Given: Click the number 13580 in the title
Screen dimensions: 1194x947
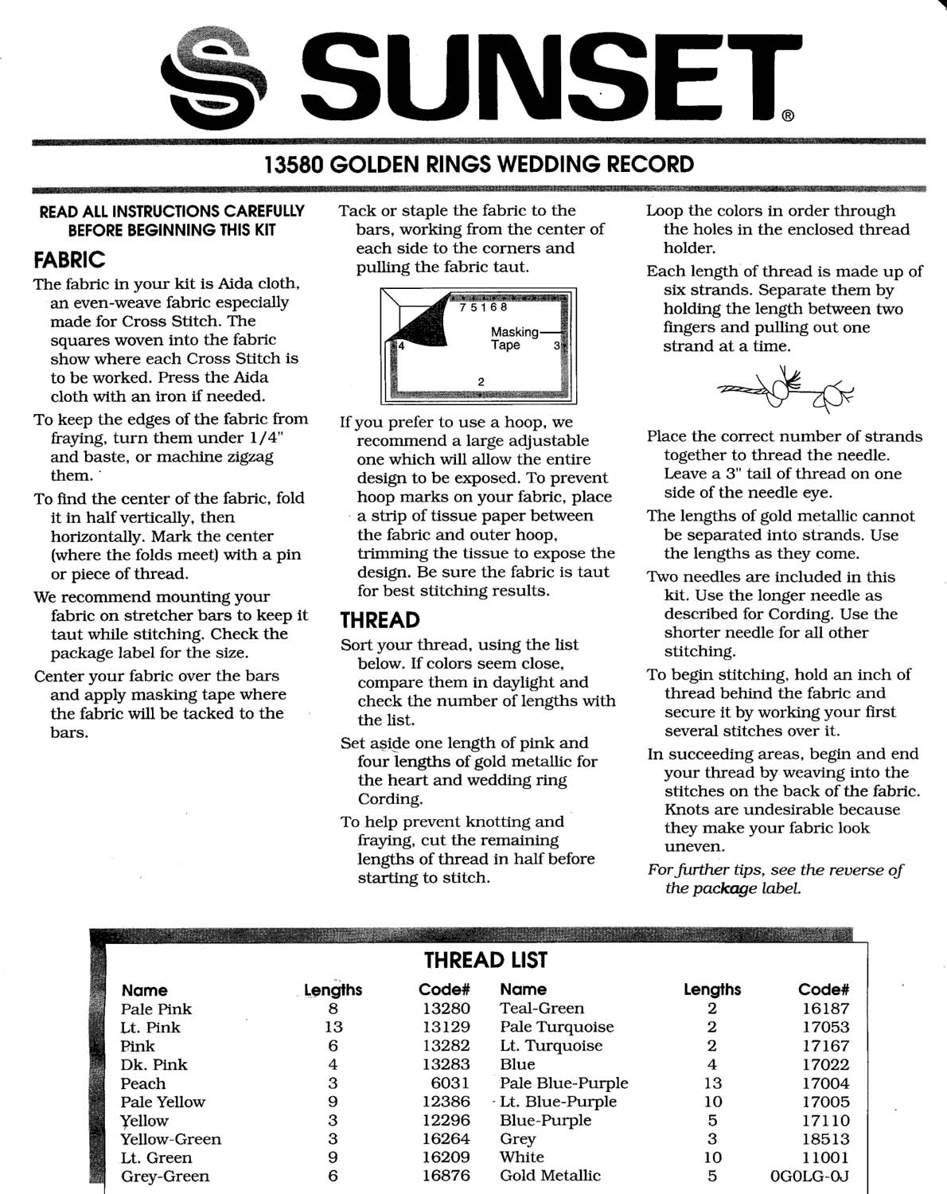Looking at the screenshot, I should [x=293, y=165].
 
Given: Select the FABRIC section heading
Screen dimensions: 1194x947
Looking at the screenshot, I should [x=69, y=260].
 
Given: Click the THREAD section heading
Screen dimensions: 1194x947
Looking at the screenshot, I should [x=380, y=620].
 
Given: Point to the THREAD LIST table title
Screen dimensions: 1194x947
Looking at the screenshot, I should [x=485, y=961].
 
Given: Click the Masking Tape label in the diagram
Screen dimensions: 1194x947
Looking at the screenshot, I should [x=515, y=338].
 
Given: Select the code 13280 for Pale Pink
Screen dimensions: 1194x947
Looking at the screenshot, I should [x=446, y=1009].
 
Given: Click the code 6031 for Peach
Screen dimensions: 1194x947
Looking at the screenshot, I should [x=450, y=1083].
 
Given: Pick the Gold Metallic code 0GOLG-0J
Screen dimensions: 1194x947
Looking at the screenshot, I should [x=809, y=1176].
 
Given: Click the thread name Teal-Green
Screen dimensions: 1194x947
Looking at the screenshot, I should [x=541, y=1009].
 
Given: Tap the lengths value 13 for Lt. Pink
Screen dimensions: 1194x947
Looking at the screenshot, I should [x=333, y=1027].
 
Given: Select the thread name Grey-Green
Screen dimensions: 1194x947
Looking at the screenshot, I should [x=165, y=1176].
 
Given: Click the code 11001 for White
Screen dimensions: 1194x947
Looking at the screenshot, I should [x=825, y=1157].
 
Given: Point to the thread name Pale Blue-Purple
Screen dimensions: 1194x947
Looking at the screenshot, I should [x=563, y=1083].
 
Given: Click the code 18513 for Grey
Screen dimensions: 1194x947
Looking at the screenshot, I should [x=825, y=1139].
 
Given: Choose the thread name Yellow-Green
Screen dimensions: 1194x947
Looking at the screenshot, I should [x=170, y=1139].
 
